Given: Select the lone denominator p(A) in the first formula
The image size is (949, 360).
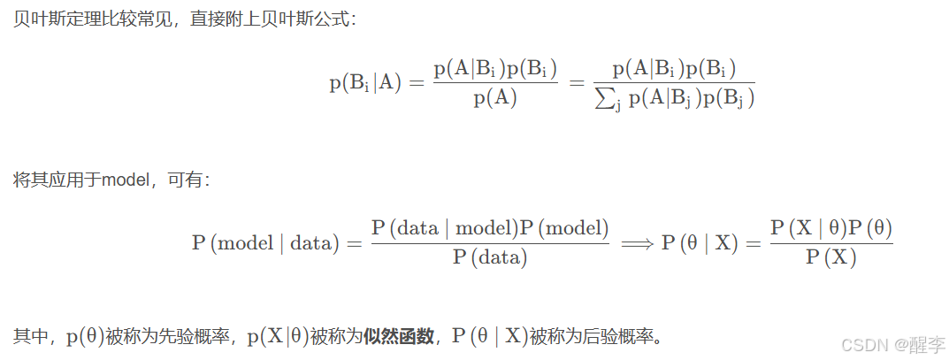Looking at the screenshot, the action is (494, 99).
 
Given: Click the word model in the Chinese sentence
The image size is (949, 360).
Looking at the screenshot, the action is (126, 180).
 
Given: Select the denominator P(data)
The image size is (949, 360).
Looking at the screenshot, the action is (489, 258).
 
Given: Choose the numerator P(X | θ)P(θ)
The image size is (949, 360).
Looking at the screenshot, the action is (830, 227).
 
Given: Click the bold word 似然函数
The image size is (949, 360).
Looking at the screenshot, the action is (398, 336).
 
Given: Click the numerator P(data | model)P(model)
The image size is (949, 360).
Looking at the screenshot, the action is (490, 227).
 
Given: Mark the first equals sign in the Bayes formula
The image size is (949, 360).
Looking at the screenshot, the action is (417, 83).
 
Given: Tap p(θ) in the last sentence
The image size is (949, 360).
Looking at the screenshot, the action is (84, 336).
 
